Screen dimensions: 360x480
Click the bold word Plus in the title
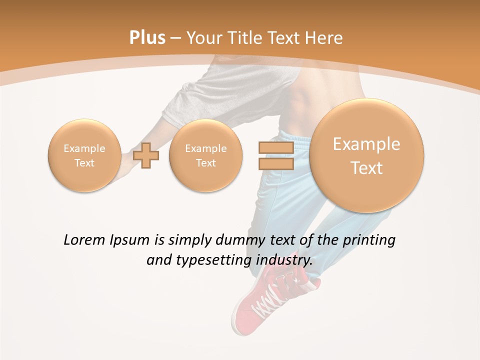147,38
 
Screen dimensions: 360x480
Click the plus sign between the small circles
146,155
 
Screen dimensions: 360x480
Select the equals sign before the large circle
275,155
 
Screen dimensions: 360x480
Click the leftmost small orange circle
84,155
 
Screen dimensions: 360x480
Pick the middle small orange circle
205,155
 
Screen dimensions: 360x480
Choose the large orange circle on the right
366,155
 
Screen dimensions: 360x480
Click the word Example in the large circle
366,144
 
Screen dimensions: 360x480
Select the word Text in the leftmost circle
84,163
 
